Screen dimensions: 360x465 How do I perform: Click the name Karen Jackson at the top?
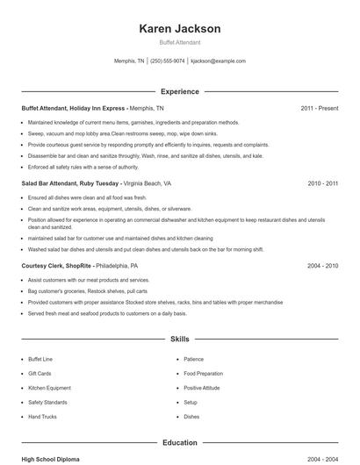click(180, 29)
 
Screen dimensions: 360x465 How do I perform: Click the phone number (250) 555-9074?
click(167, 61)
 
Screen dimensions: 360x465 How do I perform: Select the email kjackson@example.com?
click(218, 61)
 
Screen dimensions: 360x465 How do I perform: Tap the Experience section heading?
click(180, 91)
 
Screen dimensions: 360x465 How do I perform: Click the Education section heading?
click(180, 442)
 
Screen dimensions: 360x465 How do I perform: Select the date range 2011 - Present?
click(319, 108)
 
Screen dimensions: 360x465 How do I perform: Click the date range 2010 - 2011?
click(322, 183)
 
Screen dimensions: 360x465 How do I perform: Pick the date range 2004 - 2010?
click(322, 265)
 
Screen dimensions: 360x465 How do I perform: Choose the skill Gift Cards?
click(40, 373)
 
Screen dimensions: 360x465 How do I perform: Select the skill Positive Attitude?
click(201, 387)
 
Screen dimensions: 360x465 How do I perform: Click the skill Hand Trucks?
click(42, 416)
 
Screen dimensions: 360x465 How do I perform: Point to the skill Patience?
click(194, 359)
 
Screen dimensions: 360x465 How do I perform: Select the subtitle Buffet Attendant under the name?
click(180, 42)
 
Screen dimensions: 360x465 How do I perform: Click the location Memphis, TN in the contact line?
click(130, 61)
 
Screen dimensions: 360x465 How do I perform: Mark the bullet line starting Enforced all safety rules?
click(83, 166)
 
